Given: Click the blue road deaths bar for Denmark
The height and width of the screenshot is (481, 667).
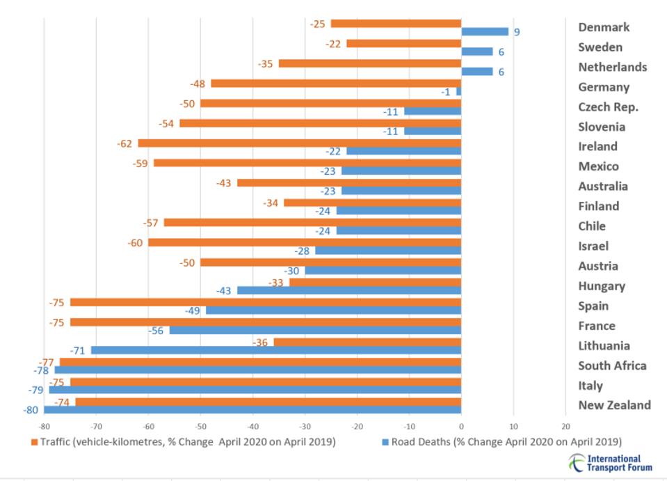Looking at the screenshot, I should [485, 31].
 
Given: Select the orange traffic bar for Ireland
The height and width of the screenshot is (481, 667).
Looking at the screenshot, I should [299, 143].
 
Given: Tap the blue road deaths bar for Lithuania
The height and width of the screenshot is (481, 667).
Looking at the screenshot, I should [276, 350].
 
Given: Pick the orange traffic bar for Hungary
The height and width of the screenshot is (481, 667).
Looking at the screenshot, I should [375, 283].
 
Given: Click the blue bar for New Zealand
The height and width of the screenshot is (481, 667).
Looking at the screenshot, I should [252, 410].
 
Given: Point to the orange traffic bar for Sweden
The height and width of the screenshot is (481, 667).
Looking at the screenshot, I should [403, 44].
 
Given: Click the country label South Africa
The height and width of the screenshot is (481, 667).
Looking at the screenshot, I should [612, 365].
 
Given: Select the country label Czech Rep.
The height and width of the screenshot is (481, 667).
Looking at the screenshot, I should [608, 107].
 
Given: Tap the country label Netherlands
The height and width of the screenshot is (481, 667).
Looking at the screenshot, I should [612, 68].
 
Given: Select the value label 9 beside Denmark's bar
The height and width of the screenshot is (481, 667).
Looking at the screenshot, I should [517, 32].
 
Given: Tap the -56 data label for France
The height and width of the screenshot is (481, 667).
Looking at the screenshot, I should [156, 331].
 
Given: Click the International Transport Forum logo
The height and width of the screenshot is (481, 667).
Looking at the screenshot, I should [609, 463].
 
